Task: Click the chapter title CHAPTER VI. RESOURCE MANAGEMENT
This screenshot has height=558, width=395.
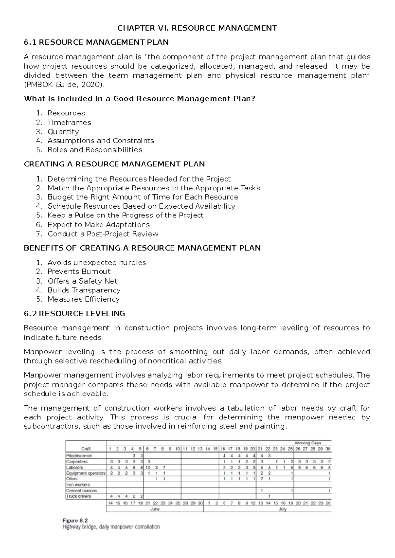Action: (197, 28)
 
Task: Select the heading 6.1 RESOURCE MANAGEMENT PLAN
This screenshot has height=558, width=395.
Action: (96, 42)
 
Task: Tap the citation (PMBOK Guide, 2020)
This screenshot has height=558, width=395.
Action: (65, 85)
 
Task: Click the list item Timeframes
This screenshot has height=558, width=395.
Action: (69, 122)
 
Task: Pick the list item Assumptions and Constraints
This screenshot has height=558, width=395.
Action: (101, 141)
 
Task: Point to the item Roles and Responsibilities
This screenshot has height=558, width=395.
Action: (95, 150)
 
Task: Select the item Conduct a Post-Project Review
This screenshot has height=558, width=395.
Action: (103, 234)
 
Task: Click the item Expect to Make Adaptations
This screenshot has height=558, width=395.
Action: (98, 225)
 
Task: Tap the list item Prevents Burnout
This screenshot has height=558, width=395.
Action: (79, 272)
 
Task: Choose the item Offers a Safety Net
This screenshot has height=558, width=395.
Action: (82, 281)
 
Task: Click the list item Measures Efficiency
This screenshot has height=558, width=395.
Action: (83, 299)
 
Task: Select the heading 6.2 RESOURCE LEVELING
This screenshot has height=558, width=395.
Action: (74, 314)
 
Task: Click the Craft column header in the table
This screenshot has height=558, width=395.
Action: (86, 449)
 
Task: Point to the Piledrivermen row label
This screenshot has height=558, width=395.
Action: (79, 456)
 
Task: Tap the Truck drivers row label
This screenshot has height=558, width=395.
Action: (79, 496)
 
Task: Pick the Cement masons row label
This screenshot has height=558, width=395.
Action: (82, 491)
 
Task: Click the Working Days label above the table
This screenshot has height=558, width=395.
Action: (307, 443)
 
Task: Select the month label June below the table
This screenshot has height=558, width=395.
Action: (155, 509)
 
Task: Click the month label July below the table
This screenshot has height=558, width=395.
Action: (282, 509)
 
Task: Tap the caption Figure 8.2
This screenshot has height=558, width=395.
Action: (75, 521)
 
